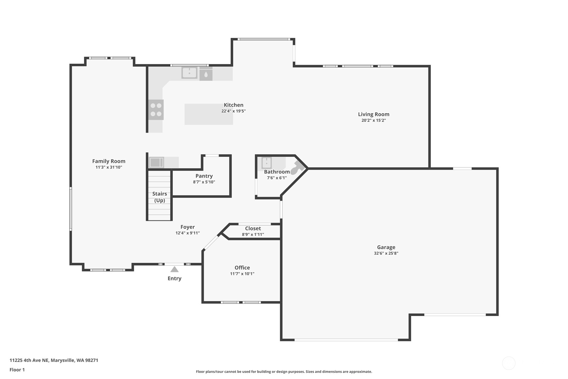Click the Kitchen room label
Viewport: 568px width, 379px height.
point(234,105)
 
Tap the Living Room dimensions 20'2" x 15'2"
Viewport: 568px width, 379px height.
point(374,120)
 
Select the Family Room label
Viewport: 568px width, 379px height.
point(109,161)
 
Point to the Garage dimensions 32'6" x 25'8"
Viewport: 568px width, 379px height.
point(386,253)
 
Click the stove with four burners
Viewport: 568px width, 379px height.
point(156,110)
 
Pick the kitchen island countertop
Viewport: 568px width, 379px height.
point(209,114)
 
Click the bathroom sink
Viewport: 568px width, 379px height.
point(266,163)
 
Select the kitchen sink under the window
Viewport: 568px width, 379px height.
point(189,73)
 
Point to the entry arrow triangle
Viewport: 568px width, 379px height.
point(174,269)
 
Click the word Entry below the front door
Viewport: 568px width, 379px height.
point(174,278)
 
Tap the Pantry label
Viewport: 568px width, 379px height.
point(204,176)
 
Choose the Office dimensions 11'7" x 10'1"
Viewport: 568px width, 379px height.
point(242,274)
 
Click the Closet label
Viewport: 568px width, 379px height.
point(253,229)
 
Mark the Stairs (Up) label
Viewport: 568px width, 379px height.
point(160,197)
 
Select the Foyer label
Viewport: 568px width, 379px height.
point(188,227)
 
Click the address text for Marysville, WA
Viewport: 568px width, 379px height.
point(54,360)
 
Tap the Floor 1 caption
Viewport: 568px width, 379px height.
point(17,370)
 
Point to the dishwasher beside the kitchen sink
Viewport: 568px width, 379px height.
point(206,74)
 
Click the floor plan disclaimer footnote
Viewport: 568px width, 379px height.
point(284,372)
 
